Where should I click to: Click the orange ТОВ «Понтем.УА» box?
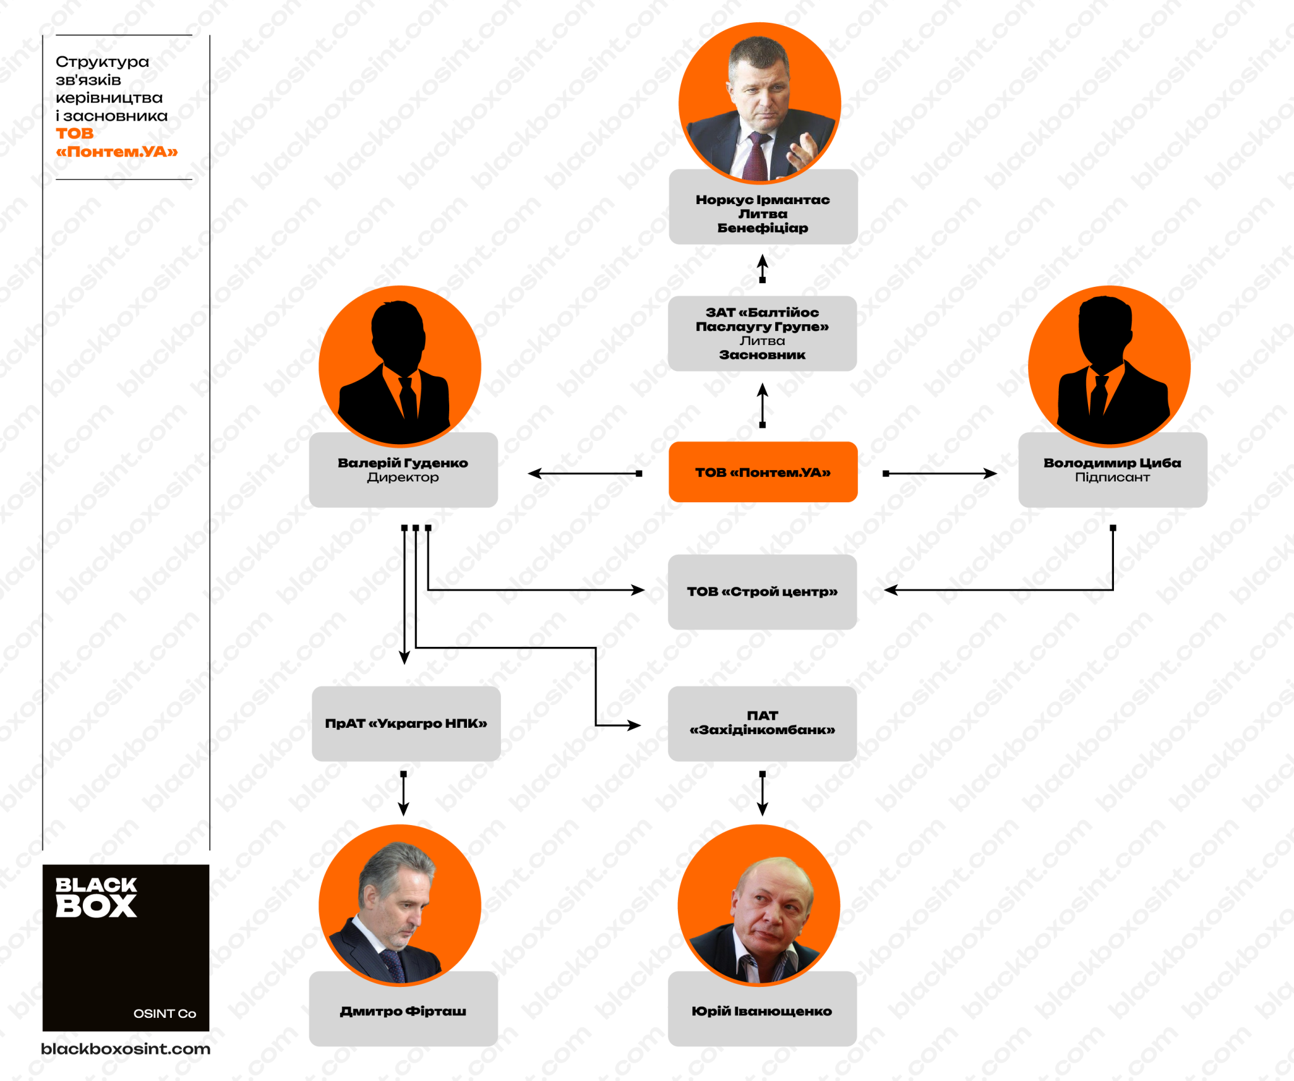[x=763, y=472]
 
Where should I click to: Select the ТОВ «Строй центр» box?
[x=762, y=592]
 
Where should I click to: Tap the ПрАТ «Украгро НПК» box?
[x=406, y=723]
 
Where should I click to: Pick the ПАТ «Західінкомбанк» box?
[x=762, y=723]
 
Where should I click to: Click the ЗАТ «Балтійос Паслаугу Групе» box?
[x=762, y=334]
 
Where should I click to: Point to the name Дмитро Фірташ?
[x=403, y=1011]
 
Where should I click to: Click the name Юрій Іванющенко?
[x=762, y=1011]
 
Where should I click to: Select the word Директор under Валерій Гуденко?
[x=403, y=477]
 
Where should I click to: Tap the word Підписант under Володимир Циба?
[x=1113, y=477]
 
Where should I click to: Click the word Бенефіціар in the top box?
[x=763, y=227]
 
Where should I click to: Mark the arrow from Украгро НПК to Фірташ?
[x=404, y=793]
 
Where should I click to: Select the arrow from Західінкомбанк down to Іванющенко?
[x=763, y=793]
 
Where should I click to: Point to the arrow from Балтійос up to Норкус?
[x=763, y=269]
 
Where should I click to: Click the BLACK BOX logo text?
[x=96, y=897]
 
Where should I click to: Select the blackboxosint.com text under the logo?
[x=126, y=1049]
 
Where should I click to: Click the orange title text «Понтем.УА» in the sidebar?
[x=117, y=152]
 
